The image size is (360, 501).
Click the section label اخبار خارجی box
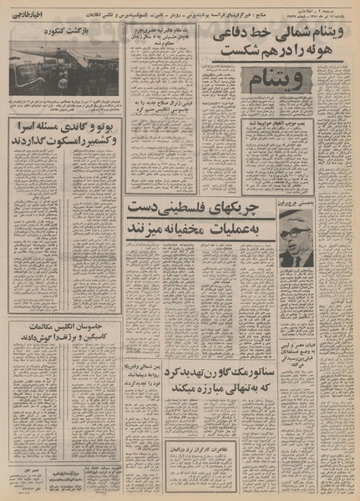(29, 13)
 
